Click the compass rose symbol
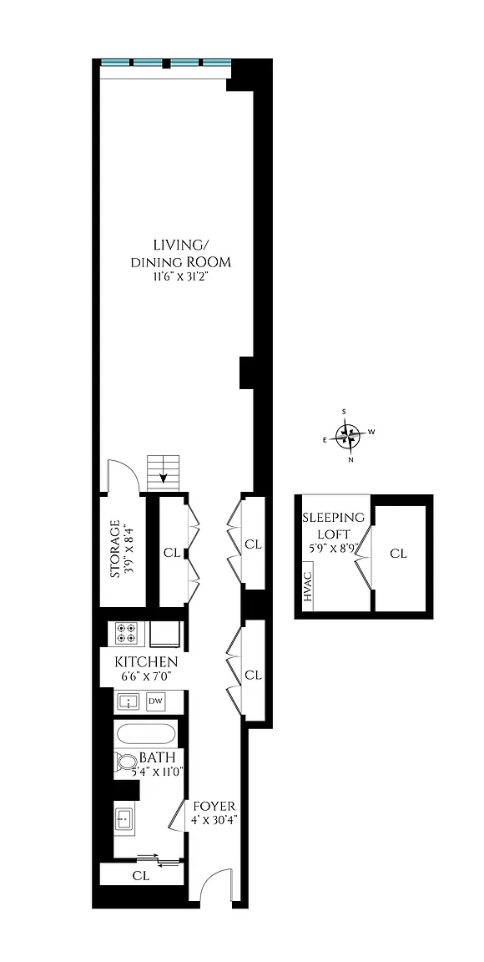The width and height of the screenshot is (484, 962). click(x=347, y=436)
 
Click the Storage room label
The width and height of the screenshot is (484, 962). click(x=115, y=549)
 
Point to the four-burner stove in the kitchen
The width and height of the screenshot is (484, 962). click(x=126, y=633)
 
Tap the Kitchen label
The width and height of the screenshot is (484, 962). click(x=147, y=662)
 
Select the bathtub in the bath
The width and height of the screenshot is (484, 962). click(x=146, y=734)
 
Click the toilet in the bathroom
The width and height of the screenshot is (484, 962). click(x=127, y=762)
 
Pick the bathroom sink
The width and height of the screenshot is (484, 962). click(x=124, y=818)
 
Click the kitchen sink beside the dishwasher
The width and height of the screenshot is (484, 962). click(x=129, y=701)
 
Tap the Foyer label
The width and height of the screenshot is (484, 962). click(x=214, y=806)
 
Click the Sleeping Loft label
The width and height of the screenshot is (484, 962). click(x=334, y=524)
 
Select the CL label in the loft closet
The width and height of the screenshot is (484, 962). click(x=399, y=554)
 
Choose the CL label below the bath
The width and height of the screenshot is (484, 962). click(x=141, y=876)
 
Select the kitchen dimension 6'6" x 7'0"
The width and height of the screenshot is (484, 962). click(x=147, y=676)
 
